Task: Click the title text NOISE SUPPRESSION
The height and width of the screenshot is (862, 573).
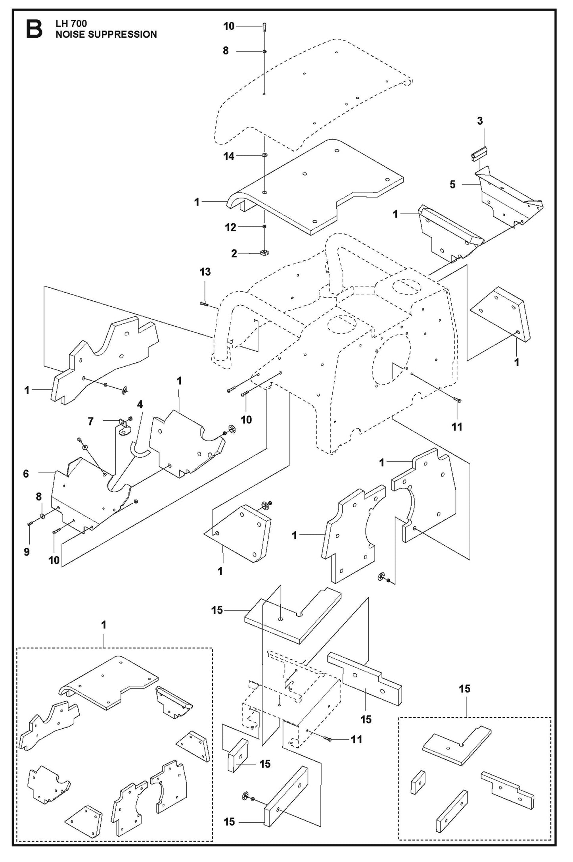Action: pyautogui.click(x=106, y=35)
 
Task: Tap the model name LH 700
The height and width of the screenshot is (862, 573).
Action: pyautogui.click(x=71, y=24)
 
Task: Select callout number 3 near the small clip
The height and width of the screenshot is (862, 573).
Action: pyautogui.click(x=480, y=121)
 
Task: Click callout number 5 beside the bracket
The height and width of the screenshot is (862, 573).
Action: pyautogui.click(x=452, y=185)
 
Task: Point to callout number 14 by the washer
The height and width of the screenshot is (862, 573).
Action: pyautogui.click(x=229, y=156)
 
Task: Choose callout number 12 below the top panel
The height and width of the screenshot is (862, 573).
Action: pyautogui.click(x=230, y=227)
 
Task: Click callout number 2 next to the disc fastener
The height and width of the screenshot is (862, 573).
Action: pyautogui.click(x=234, y=254)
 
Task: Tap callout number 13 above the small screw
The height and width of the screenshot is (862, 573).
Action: pyautogui.click(x=205, y=272)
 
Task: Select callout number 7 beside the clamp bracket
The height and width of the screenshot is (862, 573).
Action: pyautogui.click(x=91, y=421)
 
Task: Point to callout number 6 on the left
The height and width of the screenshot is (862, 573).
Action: pyautogui.click(x=26, y=473)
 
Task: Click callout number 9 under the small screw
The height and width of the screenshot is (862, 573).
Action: pyautogui.click(x=27, y=552)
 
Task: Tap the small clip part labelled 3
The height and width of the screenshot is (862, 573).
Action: pyautogui.click(x=479, y=153)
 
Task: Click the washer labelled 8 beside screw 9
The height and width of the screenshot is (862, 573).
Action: pyautogui.click(x=42, y=517)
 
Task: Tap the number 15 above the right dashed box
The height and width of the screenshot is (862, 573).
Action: pyautogui.click(x=465, y=689)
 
